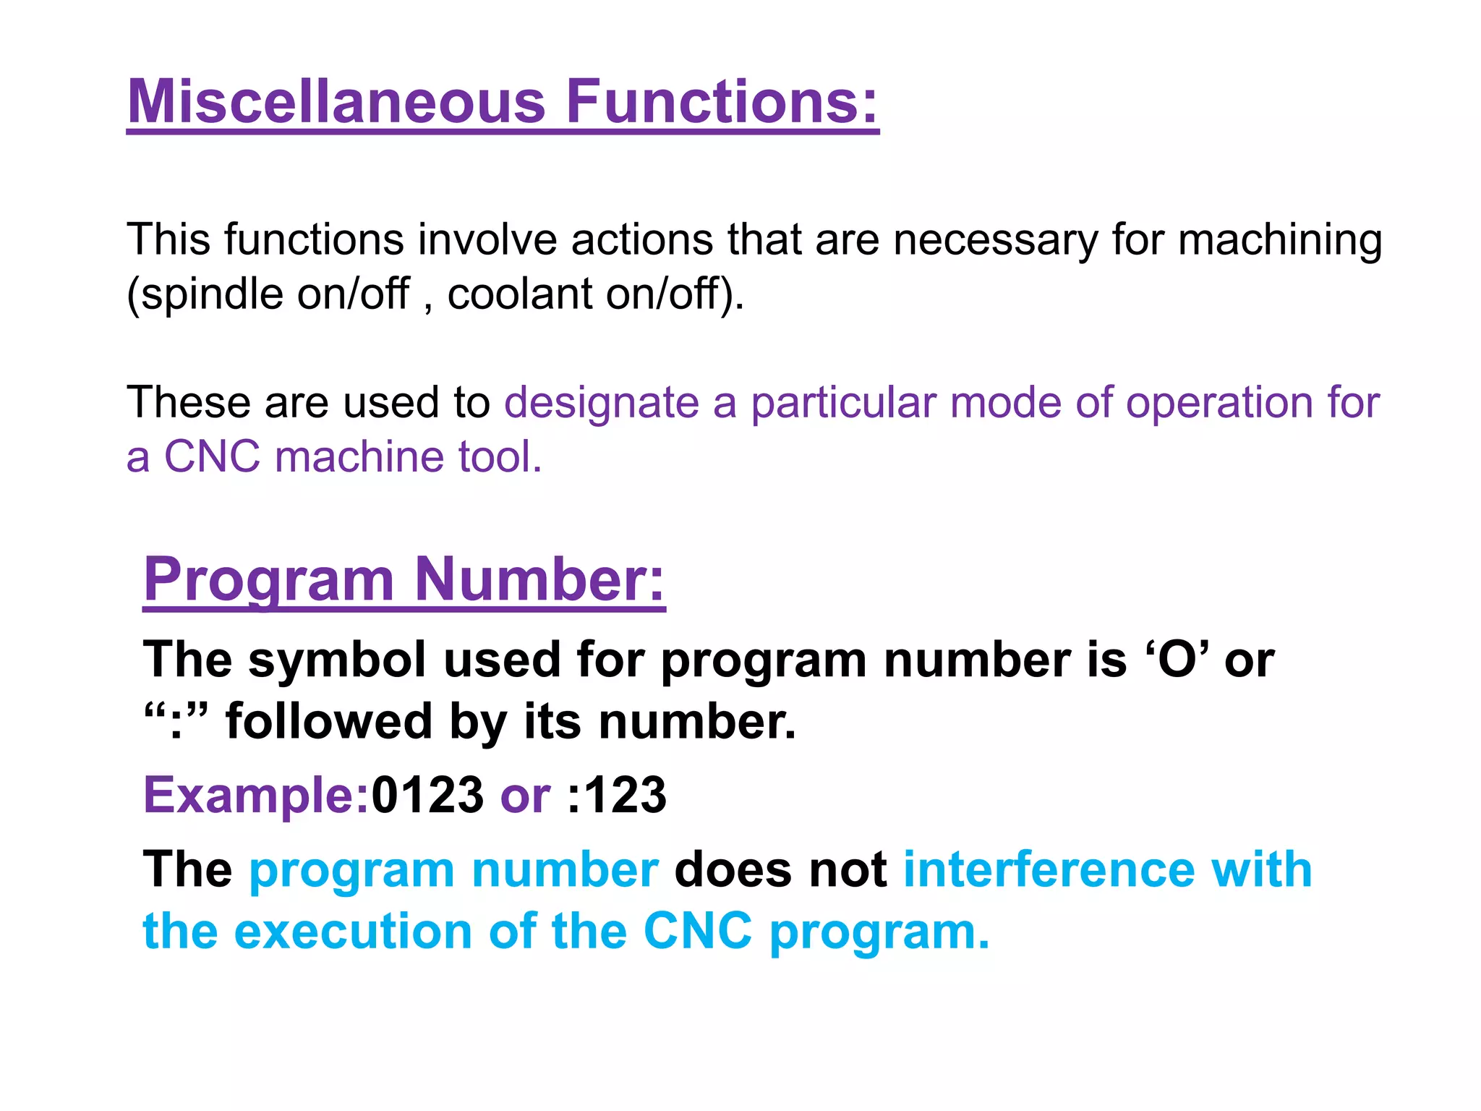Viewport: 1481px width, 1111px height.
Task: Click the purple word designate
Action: click(x=602, y=403)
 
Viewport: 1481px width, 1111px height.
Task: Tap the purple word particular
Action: click(x=842, y=403)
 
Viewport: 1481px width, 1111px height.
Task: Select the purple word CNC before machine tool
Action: click(x=212, y=457)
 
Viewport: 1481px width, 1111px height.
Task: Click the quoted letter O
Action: click(x=1177, y=660)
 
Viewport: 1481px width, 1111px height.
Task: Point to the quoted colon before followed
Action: click(x=176, y=721)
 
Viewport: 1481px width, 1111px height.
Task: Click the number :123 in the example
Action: click(x=617, y=795)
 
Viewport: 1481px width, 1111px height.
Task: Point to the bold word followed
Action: click(x=329, y=721)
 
